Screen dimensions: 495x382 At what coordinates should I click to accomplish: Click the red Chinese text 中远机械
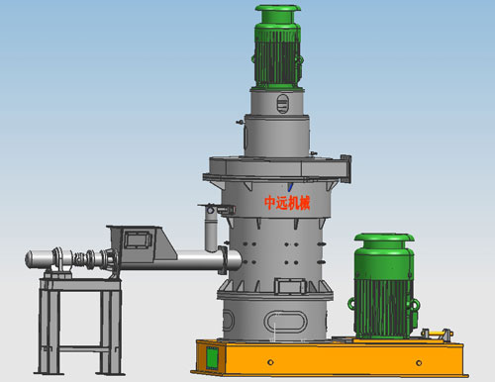click(287, 203)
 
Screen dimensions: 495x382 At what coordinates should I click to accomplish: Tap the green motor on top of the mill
click(278, 47)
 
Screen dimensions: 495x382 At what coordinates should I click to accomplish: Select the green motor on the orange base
click(383, 286)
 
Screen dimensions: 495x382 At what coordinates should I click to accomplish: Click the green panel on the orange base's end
click(212, 358)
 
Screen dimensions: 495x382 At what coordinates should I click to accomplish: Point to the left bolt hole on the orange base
click(270, 362)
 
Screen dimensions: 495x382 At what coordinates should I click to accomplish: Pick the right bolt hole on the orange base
click(419, 363)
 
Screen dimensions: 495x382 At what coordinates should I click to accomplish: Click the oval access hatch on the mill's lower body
click(285, 321)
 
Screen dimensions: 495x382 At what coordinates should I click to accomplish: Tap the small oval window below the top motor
click(282, 104)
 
